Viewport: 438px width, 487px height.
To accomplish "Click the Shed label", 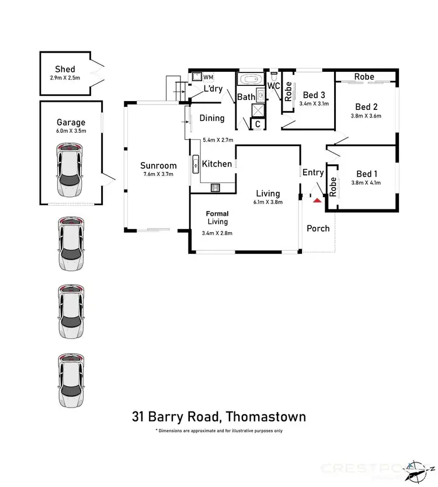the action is pos(65,69).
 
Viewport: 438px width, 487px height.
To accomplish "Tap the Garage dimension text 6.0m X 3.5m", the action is pos(71,131).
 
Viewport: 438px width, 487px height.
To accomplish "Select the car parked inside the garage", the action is pos(71,172).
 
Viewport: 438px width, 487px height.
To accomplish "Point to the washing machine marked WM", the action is pos(199,77).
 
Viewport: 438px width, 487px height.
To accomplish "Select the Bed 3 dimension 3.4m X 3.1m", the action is pos(314,103).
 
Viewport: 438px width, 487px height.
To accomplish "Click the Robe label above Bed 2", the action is pos(364,77).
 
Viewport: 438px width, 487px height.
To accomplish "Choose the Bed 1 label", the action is pos(367,174).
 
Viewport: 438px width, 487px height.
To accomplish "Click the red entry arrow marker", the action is pos(317,200).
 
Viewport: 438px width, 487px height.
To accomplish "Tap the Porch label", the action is pos(318,228).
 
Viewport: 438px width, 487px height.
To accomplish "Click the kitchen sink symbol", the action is pos(195,165).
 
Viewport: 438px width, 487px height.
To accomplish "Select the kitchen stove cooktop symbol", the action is pos(215,188).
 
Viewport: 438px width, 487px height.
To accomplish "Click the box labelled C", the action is pos(257,124).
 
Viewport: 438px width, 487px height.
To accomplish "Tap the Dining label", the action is pos(212,118).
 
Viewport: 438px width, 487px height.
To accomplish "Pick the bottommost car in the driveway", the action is pos(71,381).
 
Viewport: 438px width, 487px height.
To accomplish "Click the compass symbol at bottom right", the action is pos(418,467).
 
